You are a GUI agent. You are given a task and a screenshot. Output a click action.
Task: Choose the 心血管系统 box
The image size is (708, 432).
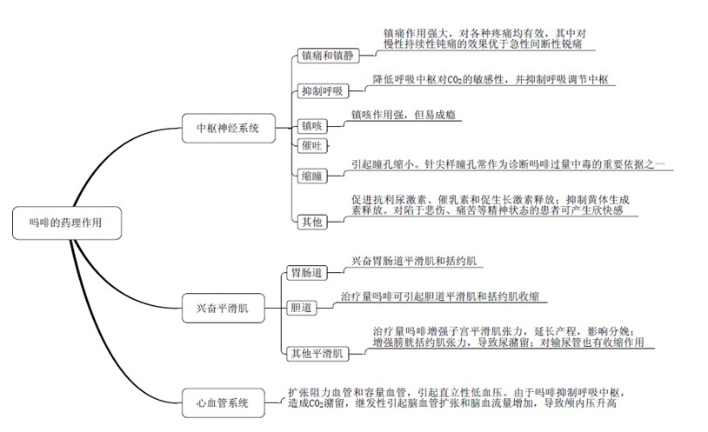222,402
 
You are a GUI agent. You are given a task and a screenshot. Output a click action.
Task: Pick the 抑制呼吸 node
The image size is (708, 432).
321,91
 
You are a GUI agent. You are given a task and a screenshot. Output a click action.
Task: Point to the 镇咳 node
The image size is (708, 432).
312,126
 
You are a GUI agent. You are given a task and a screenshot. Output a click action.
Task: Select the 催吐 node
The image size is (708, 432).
311,146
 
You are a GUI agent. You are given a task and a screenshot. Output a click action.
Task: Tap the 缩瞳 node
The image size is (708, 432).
311,176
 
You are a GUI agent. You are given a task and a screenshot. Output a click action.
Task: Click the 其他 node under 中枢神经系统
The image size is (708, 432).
311,222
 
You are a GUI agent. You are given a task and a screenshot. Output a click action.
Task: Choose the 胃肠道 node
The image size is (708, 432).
306,273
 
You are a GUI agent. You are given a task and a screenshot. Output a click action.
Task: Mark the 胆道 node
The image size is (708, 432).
301,308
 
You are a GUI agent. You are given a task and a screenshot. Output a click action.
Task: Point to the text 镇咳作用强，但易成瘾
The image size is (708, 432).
406,115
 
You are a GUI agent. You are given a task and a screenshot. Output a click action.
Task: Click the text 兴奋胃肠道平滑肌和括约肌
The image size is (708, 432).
415,261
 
